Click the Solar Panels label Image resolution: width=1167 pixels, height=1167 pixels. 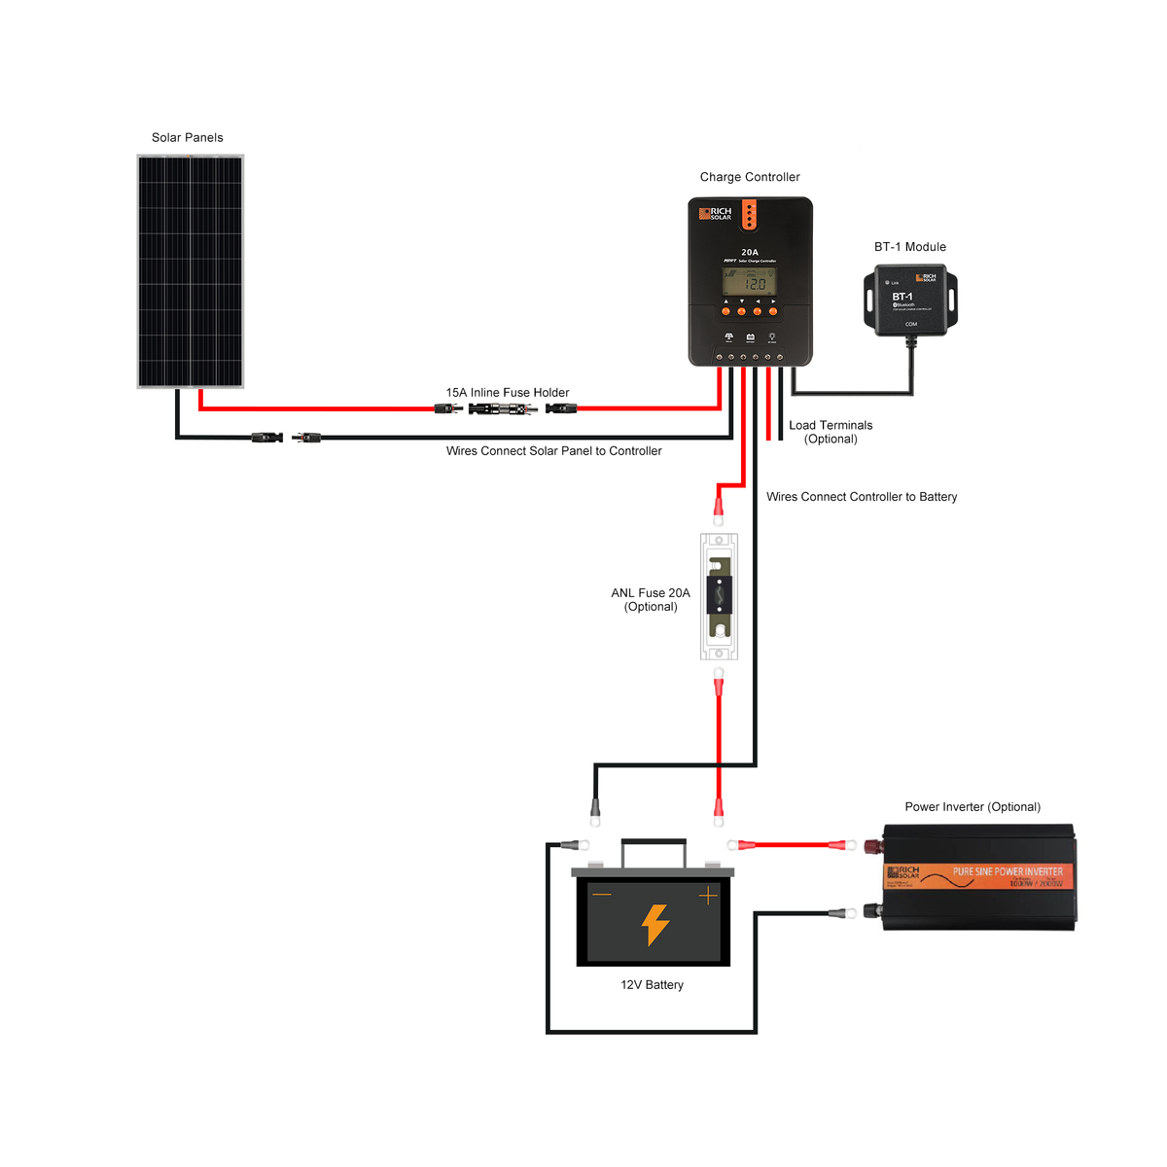187,137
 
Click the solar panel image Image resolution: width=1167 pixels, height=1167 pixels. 190,271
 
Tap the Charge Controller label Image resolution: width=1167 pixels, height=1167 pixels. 750,177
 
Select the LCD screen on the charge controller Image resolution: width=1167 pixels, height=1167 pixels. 749,282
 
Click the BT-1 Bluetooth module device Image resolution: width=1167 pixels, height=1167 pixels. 910,301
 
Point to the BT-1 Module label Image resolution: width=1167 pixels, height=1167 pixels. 909,247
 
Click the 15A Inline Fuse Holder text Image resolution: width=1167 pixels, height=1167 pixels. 507,393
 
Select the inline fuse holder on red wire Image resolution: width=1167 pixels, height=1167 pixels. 502,409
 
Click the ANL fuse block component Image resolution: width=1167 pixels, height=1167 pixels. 719,596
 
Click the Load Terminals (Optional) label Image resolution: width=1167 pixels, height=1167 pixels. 831,432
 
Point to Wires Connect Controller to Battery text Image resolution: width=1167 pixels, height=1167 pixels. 861,497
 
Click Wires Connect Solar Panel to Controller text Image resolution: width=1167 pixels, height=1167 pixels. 553,451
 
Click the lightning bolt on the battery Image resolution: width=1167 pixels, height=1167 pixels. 655,925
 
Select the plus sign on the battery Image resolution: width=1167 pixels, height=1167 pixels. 708,895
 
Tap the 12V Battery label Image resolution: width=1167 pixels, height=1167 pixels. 652,985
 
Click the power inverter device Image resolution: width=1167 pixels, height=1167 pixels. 978,878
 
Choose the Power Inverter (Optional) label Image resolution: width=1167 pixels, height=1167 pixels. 972,807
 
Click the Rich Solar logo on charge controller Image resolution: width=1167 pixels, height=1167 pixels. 716,213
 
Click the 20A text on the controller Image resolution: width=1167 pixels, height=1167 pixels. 750,252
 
